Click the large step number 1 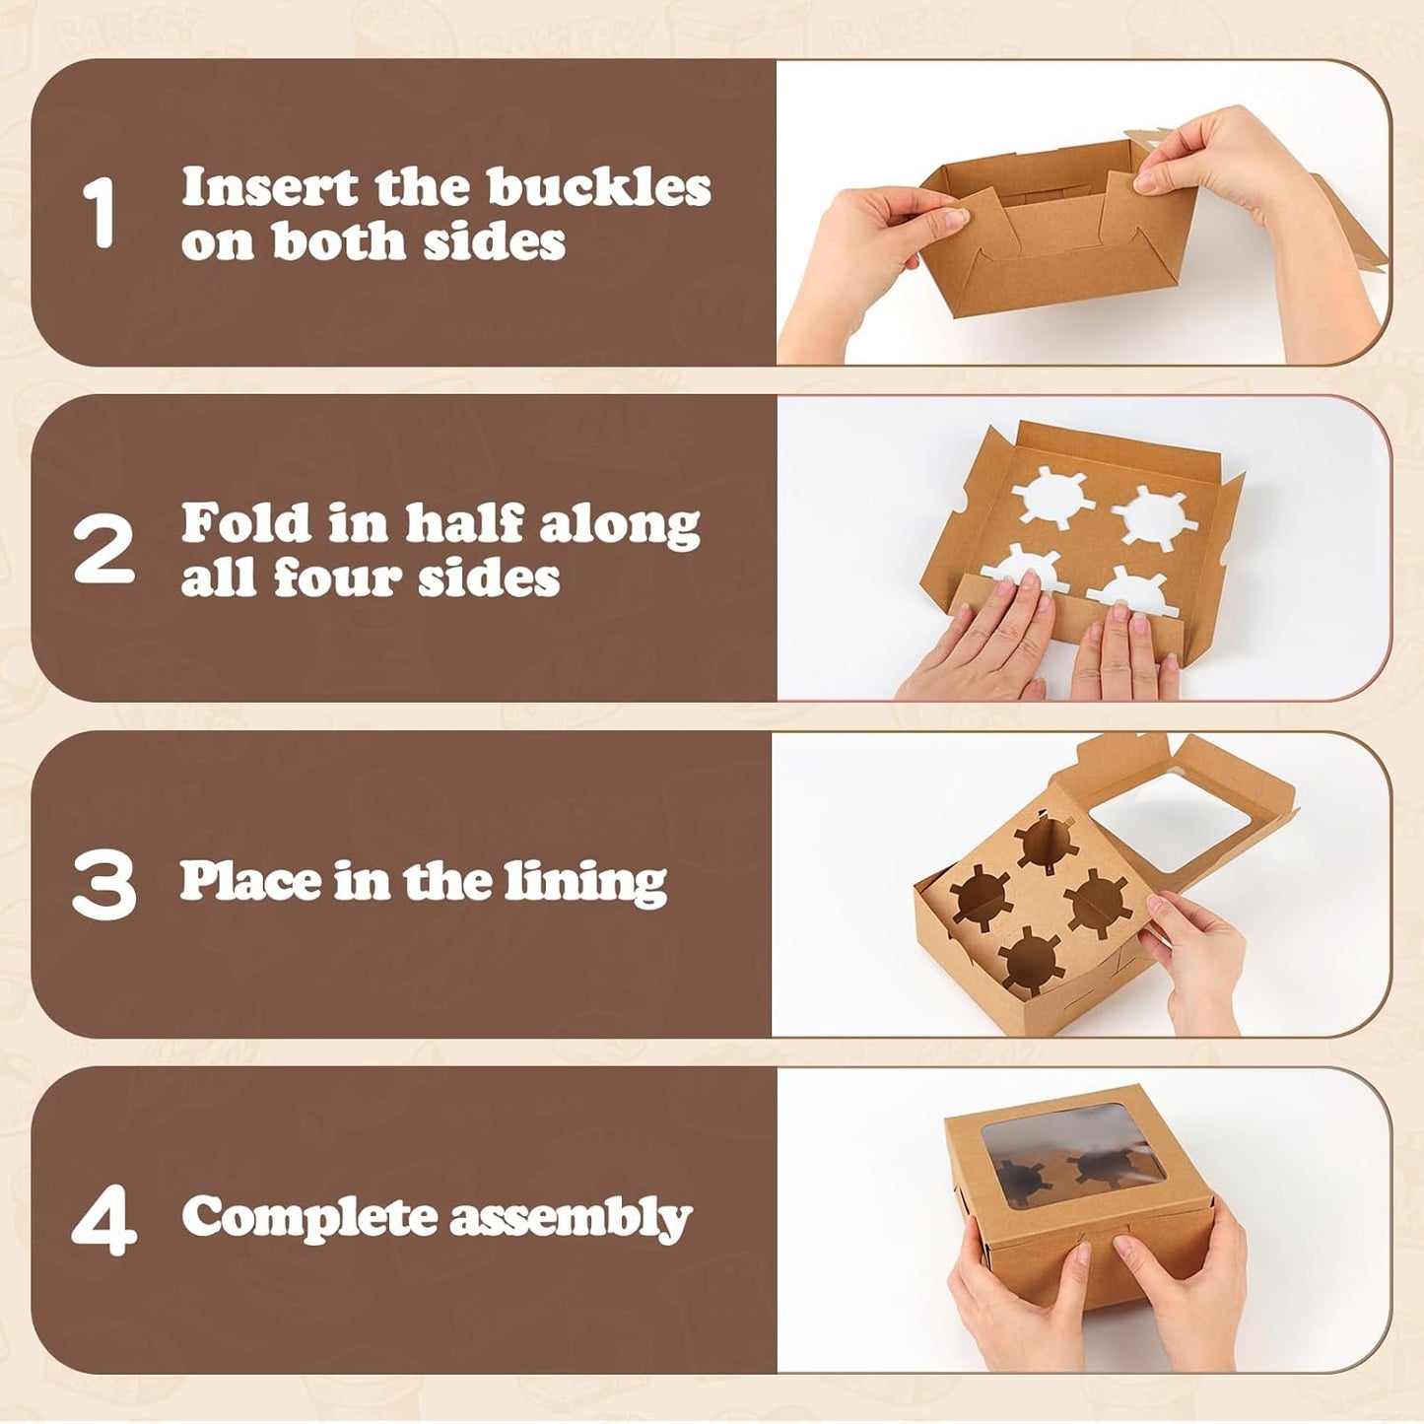pos(99,213)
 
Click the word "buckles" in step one pos(599,187)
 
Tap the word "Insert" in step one pos(270,187)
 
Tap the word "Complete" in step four pos(309,1218)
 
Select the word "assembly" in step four pos(571,1219)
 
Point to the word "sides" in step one pos(495,240)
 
